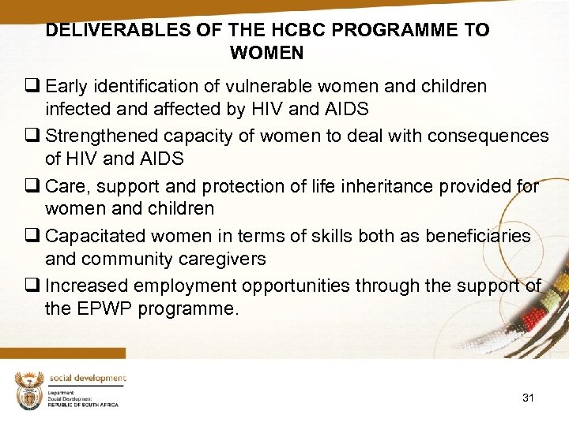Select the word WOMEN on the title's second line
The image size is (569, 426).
click(x=266, y=54)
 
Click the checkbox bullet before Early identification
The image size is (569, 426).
click(x=36, y=86)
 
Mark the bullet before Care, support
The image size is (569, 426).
click(x=36, y=187)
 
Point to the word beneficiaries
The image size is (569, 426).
click(x=479, y=237)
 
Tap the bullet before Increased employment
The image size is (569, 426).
click(x=36, y=286)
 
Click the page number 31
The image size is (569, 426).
click(x=528, y=398)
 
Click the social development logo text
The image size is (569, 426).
click(x=88, y=378)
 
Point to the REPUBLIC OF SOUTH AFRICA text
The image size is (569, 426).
click(x=83, y=404)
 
